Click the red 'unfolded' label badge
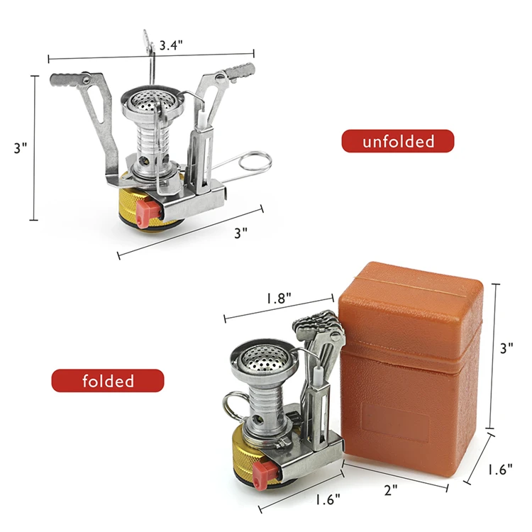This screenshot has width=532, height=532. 398,141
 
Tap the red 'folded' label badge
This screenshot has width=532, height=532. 108,381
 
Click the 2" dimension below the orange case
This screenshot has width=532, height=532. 390,489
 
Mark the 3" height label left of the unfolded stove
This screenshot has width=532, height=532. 21,148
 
